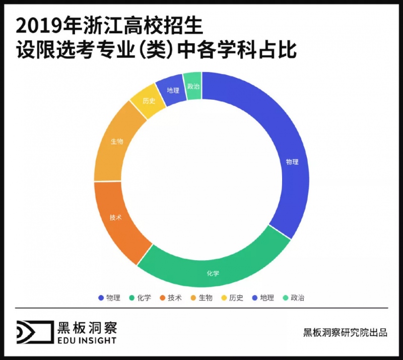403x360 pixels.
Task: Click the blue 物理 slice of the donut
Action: point(293,162)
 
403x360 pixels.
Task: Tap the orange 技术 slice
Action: point(116,217)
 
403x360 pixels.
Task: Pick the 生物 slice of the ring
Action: point(117,142)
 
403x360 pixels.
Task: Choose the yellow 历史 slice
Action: point(148,100)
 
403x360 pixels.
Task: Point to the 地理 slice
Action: point(173,90)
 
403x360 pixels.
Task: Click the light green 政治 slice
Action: point(193,86)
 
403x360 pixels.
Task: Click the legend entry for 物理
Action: point(109,297)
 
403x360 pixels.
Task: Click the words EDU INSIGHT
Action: point(87,340)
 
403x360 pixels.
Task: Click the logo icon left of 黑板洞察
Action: point(34,332)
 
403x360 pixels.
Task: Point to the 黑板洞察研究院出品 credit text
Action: point(345,332)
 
